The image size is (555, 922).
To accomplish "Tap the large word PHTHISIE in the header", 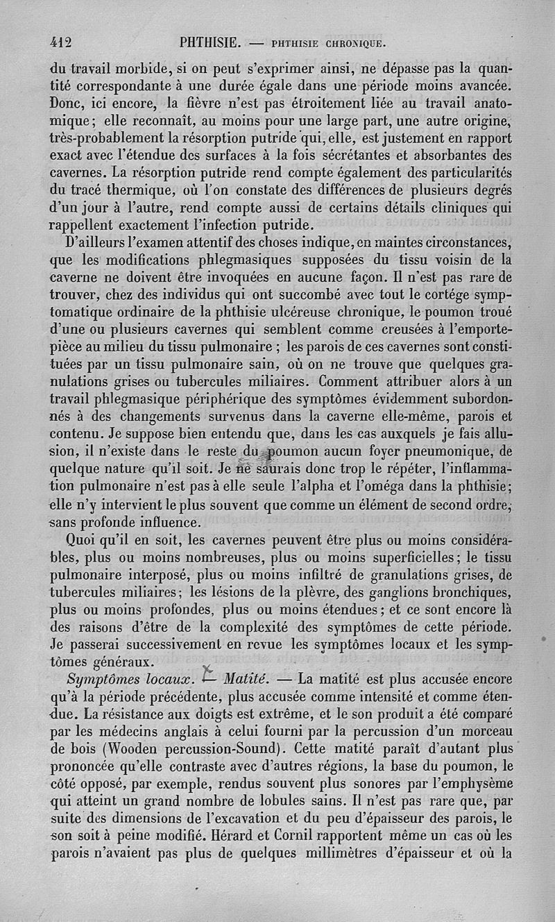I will coord(210,42).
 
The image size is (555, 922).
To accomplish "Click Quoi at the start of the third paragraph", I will coord(82,541).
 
